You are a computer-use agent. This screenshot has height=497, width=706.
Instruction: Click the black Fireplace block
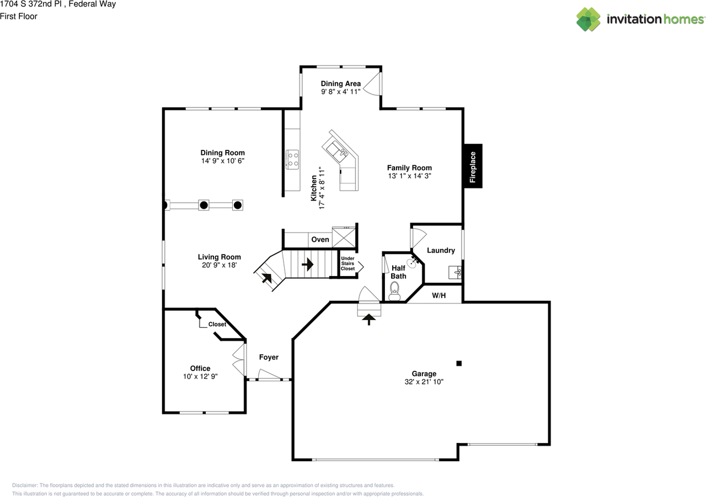[473, 166]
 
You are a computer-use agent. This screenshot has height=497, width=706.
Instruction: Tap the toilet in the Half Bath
[394, 291]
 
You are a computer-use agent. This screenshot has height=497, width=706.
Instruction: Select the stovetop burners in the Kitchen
[292, 159]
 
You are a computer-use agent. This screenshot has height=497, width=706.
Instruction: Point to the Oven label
[320, 239]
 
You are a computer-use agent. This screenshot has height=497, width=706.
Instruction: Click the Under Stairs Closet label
[347, 263]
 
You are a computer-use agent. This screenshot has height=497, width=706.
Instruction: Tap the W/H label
[438, 295]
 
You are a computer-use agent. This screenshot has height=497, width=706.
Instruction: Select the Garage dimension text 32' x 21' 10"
[424, 382]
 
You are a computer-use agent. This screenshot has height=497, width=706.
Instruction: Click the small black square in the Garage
[459, 363]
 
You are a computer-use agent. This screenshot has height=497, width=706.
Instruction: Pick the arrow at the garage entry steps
[369, 320]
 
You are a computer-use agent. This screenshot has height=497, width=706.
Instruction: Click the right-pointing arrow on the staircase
[308, 264]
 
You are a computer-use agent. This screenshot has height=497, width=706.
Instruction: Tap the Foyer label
[269, 357]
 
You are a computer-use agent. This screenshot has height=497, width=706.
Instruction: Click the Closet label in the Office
[217, 324]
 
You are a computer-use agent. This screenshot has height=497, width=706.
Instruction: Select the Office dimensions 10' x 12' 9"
[200, 376]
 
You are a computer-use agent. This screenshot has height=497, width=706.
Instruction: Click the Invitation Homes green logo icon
[588, 19]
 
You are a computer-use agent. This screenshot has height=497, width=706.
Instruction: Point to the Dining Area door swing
[372, 84]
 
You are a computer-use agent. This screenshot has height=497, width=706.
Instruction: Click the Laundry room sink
[455, 272]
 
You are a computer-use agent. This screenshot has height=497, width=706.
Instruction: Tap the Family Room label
[409, 168]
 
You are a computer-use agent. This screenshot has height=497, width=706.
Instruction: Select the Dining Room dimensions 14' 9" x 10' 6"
[223, 161]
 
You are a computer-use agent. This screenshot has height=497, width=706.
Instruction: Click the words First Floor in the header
[19, 17]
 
